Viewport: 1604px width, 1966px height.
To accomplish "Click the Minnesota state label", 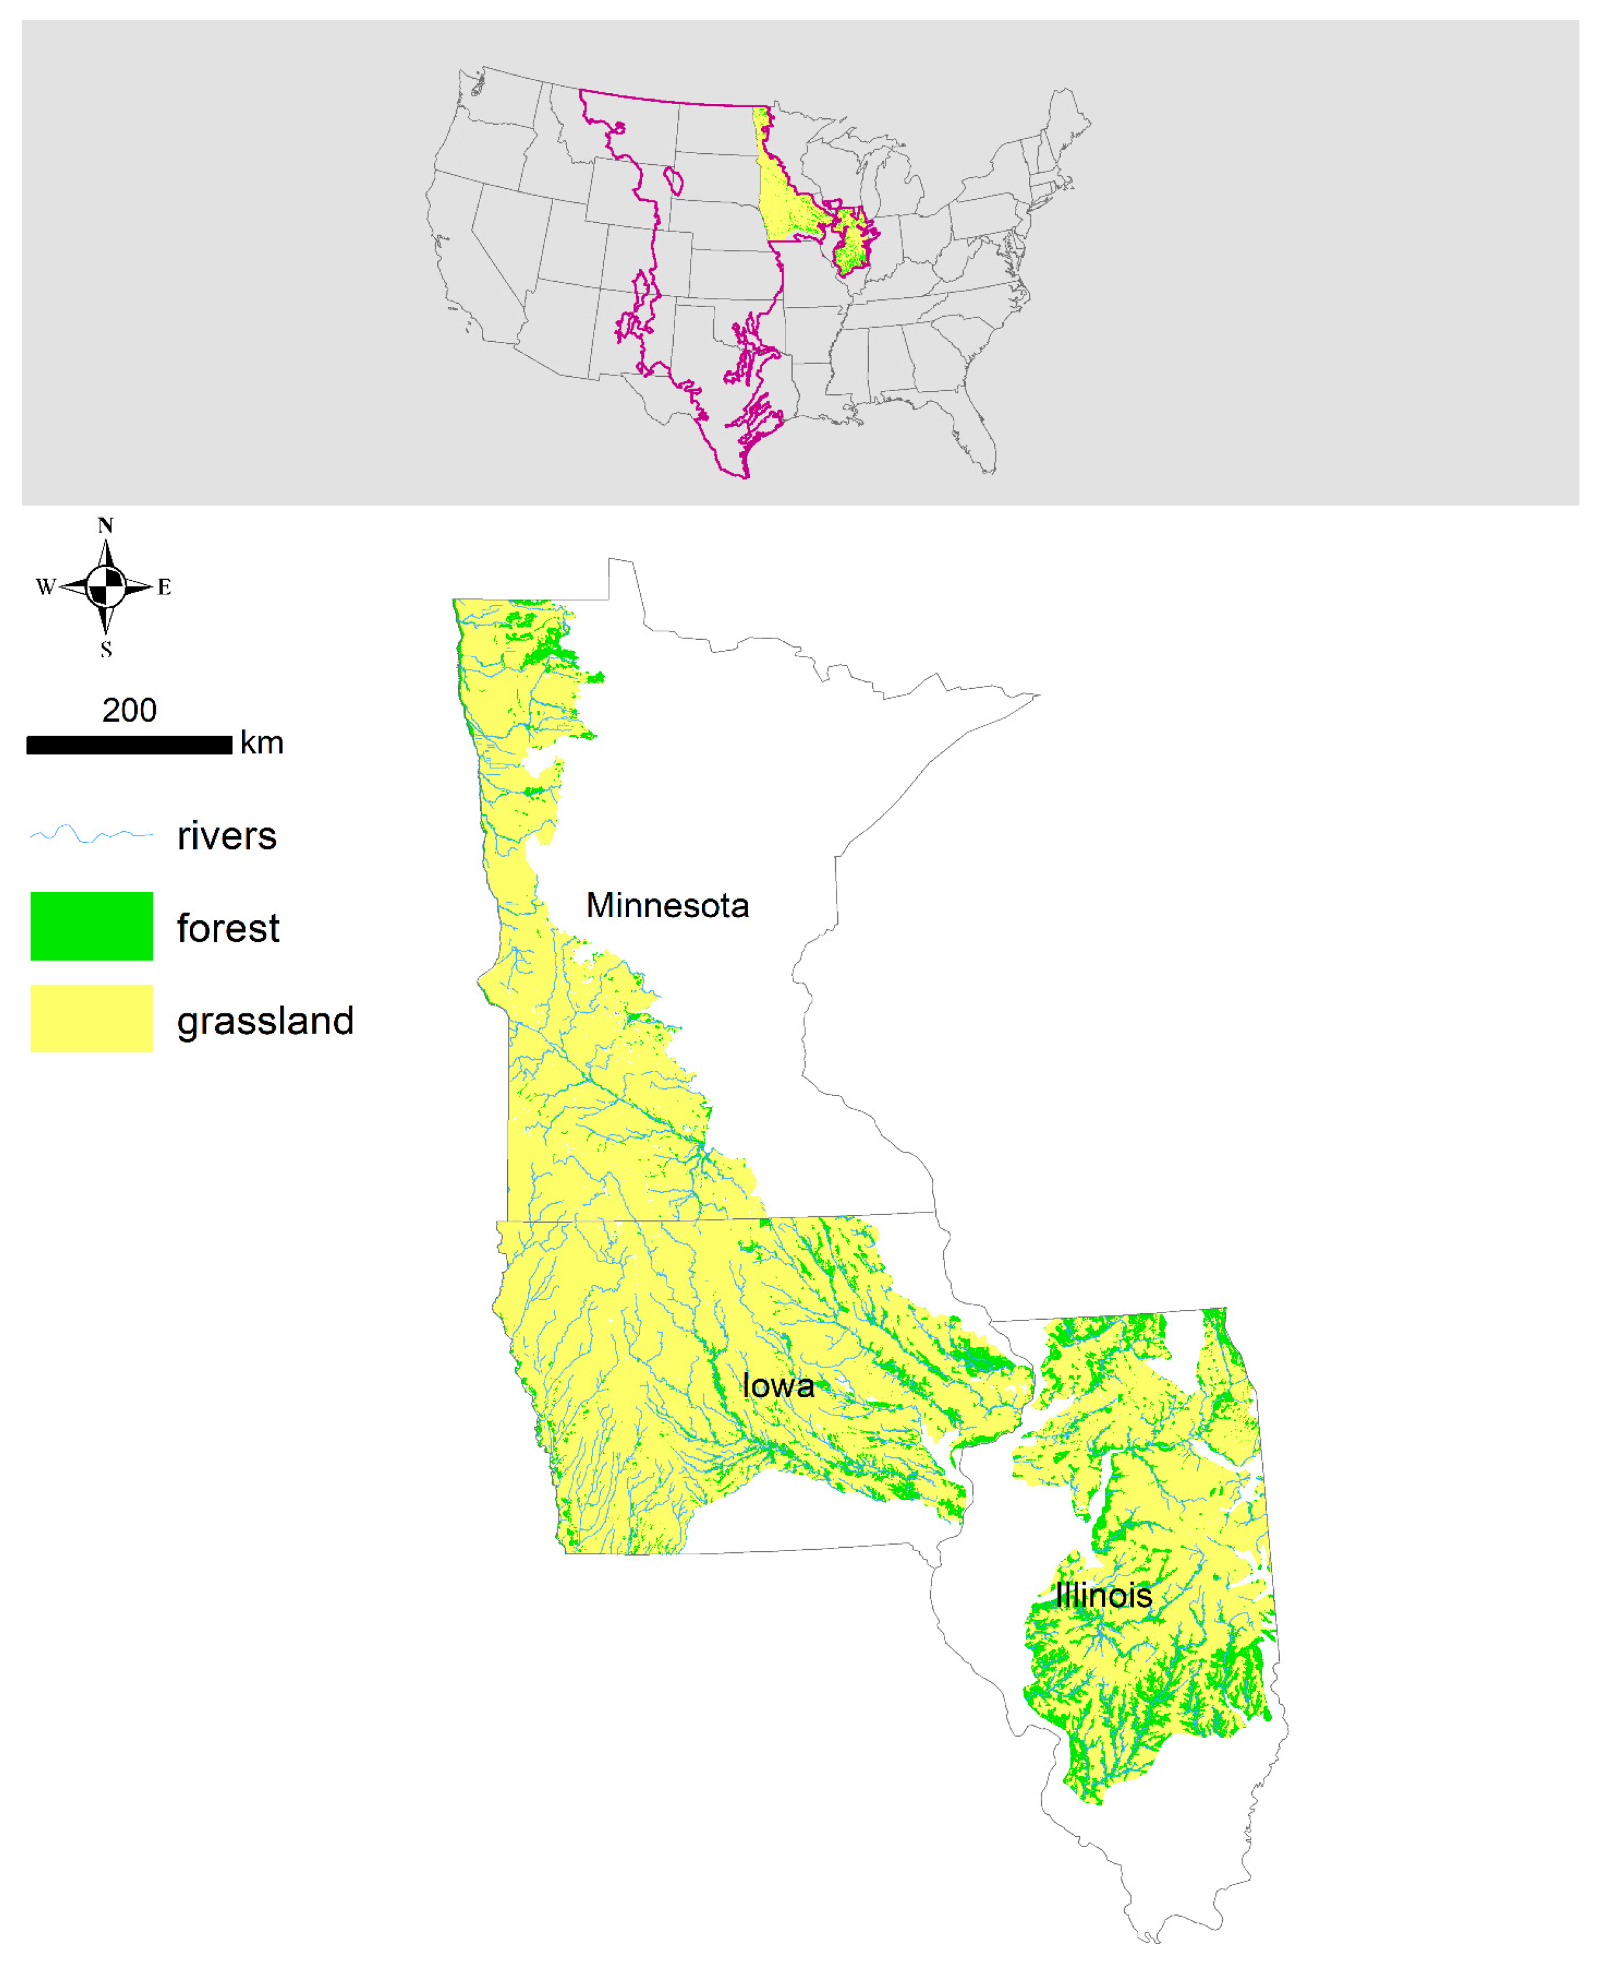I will (x=667, y=906).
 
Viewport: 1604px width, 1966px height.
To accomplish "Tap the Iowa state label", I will (x=778, y=1386).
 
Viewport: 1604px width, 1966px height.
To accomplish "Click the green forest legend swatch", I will (x=92, y=926).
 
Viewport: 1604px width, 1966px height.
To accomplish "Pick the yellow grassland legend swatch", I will (x=92, y=1019).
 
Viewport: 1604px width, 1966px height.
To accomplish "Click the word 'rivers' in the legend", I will (x=226, y=836).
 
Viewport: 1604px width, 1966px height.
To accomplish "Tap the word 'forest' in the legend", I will (x=227, y=928).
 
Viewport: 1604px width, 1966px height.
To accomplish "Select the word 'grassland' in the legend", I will (x=265, y=1020).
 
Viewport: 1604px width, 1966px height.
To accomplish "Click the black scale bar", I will (x=129, y=745).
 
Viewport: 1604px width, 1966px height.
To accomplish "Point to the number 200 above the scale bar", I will (x=129, y=710).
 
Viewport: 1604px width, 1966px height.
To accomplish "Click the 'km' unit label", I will (x=262, y=743).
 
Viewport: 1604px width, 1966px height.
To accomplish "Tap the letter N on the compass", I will (x=105, y=525).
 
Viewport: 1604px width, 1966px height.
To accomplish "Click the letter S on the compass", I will (x=106, y=650).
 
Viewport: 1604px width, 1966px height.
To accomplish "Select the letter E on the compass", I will (x=165, y=587).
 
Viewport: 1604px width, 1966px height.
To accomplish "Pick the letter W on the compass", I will (x=45, y=587).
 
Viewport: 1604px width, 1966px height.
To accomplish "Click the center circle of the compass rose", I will (x=106, y=587).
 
